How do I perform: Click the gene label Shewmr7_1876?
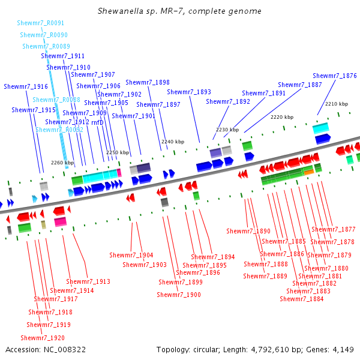click(335, 76)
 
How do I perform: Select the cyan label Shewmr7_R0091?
click(41, 23)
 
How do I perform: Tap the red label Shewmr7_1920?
click(42, 338)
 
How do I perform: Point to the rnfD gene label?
click(97, 122)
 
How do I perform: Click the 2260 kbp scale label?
click(62, 163)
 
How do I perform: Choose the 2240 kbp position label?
click(172, 142)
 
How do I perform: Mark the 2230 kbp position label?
click(227, 130)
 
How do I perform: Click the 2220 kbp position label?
click(282, 117)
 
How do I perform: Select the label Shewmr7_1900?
click(179, 295)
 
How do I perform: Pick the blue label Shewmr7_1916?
click(26, 86)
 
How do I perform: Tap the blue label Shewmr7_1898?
click(148, 83)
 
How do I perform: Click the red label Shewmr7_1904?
click(131, 256)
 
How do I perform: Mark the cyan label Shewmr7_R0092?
click(59, 130)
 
